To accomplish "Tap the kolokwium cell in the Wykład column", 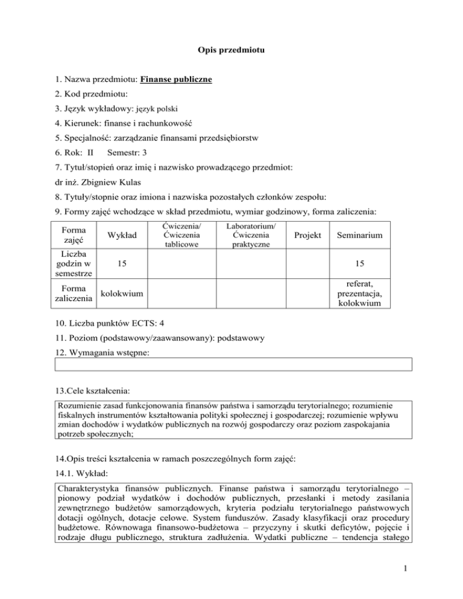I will pos(121,293).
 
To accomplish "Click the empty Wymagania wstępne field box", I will pos(234,363).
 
